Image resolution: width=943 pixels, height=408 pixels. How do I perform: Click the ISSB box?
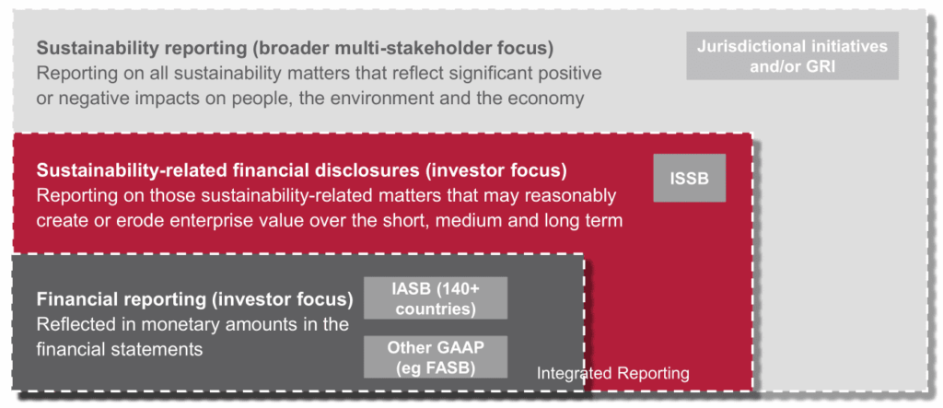tap(689, 178)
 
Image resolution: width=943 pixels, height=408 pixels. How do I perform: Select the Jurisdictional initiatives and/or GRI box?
tap(792, 56)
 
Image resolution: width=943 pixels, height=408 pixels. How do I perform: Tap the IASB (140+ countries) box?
tap(436, 297)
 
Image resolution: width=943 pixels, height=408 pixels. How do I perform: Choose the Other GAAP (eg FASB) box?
tap(436, 356)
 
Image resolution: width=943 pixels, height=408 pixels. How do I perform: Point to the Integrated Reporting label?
tap(612, 373)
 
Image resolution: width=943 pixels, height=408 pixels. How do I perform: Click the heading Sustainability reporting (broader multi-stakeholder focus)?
tap(295, 48)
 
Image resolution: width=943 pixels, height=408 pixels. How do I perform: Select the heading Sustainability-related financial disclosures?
tap(228, 171)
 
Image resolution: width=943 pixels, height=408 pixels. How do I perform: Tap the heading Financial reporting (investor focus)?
tap(195, 299)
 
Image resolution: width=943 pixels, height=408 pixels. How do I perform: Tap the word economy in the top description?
tap(546, 99)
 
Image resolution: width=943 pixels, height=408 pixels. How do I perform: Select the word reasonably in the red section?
tap(569, 196)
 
